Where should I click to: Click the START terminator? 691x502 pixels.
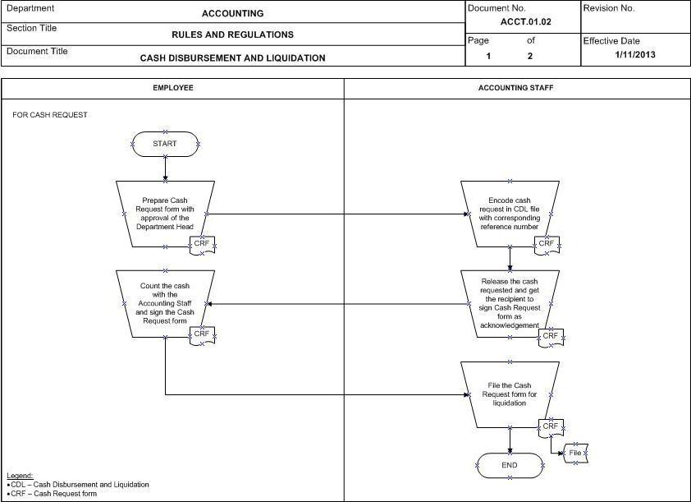coord(165,144)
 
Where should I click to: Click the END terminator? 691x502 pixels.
coord(510,465)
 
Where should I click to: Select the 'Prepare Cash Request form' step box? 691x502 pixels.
coord(165,214)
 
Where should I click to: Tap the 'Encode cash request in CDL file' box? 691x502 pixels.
coord(510,214)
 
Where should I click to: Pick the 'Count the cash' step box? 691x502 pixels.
coord(165,304)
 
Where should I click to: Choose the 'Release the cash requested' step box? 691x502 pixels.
coord(510,304)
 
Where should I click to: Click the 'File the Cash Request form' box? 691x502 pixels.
coord(510,395)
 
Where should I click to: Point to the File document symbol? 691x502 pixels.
coord(575,453)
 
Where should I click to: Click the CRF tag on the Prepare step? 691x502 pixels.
coord(202,244)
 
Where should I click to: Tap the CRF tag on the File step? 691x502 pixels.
coord(551,426)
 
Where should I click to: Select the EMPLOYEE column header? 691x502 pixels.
coord(173,88)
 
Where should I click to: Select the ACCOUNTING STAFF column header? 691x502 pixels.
coord(515,88)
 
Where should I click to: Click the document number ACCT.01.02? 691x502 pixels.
coord(526,21)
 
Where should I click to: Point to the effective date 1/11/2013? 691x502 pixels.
coord(635,55)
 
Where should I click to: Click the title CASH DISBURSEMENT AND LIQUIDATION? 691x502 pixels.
coord(233,58)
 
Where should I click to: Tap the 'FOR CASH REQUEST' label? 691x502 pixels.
coord(50,115)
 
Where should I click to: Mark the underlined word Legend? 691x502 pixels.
coord(20,476)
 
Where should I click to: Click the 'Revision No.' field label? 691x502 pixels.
coord(609,8)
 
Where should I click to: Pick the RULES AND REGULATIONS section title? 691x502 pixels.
coord(233,35)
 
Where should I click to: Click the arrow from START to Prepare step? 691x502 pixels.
coord(165,168)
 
